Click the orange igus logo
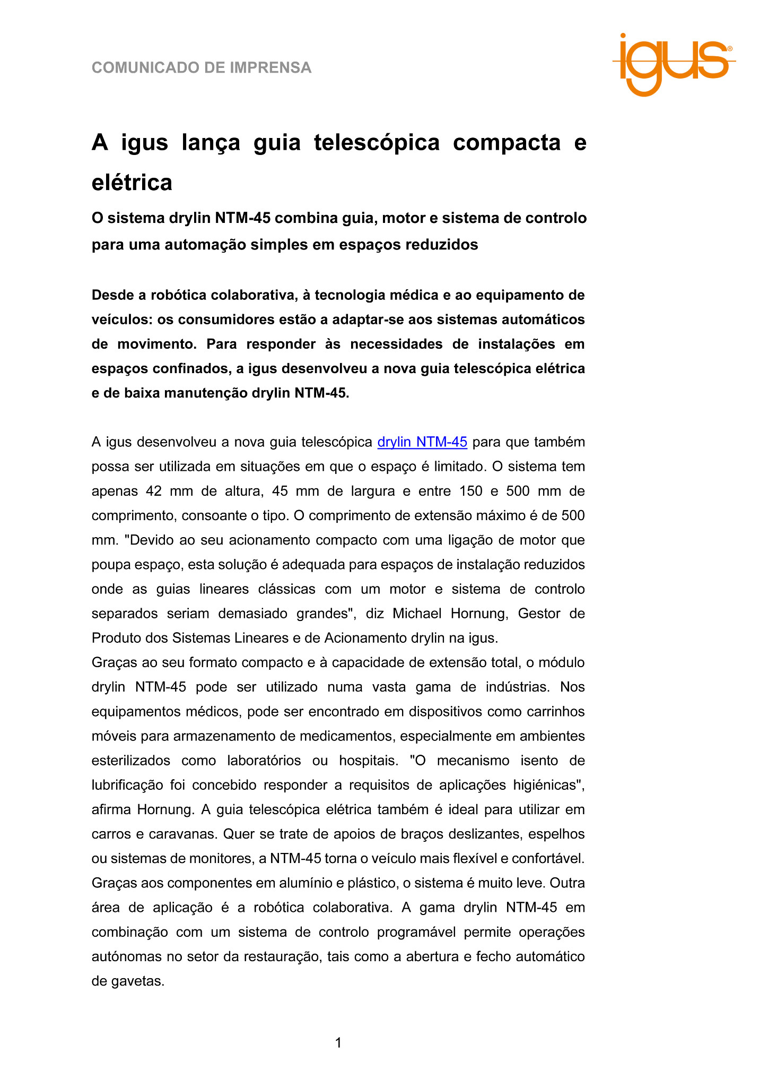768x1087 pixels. coord(674,63)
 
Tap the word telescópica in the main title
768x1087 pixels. coord(377,143)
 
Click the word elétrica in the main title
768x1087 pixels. coord(132,183)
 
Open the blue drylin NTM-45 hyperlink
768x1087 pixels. coord(422,442)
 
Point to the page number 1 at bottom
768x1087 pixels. coord(338,1043)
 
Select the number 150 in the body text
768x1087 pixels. coord(471,491)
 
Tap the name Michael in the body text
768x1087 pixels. coord(417,614)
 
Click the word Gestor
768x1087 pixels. coord(538,614)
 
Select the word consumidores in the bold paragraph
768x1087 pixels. coord(224,320)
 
